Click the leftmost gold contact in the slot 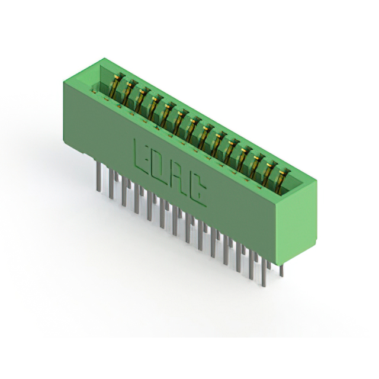[116, 85]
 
